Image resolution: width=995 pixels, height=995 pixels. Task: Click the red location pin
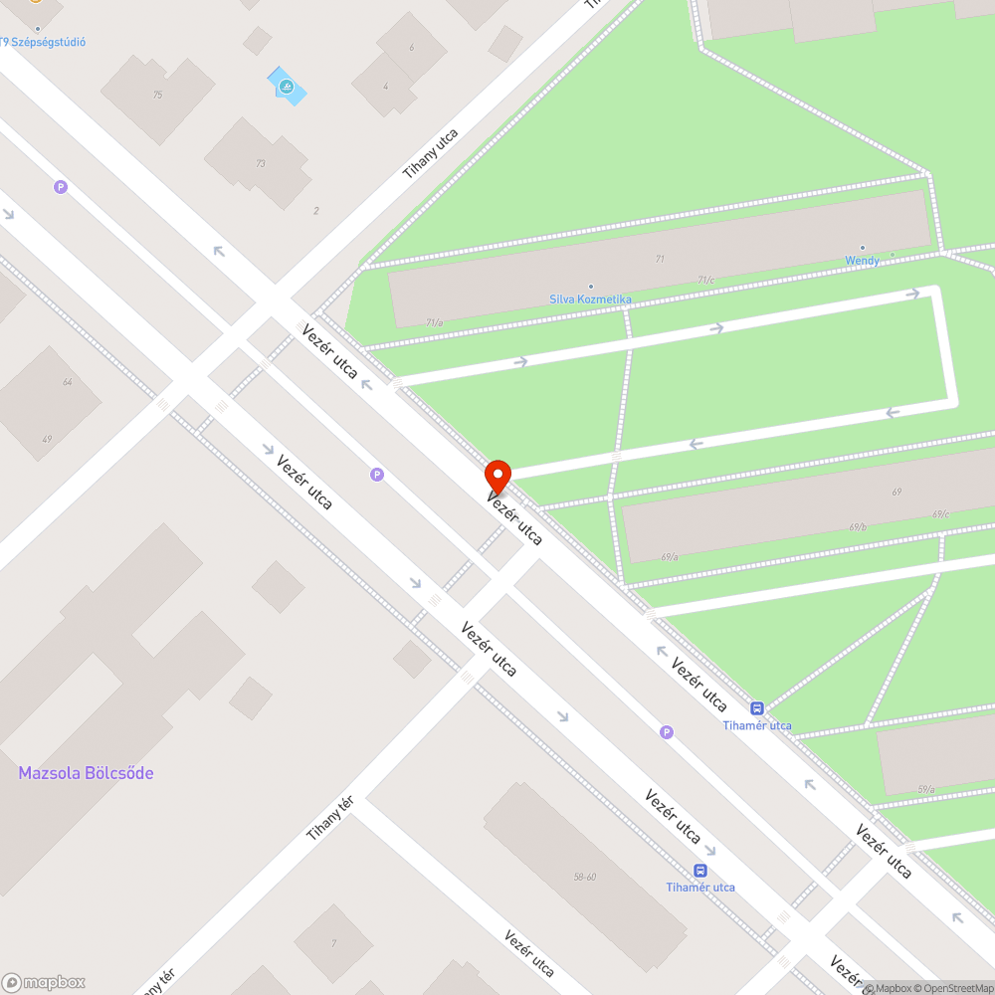(497, 475)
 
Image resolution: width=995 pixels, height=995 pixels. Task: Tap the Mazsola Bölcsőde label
(86, 773)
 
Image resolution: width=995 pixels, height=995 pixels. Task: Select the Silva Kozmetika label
(590, 298)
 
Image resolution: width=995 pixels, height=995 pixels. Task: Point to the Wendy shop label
(862, 260)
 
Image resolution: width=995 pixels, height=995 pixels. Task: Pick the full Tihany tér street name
(330, 818)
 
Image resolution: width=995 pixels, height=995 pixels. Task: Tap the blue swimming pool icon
(287, 87)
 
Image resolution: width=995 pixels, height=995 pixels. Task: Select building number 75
(157, 95)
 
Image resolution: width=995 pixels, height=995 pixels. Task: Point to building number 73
(261, 163)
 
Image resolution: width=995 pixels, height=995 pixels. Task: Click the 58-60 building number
(584, 877)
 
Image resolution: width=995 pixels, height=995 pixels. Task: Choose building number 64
(67, 382)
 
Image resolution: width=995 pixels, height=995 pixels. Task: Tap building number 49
(47, 439)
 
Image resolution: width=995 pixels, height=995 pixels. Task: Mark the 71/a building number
(434, 322)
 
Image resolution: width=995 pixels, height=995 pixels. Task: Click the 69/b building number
(858, 527)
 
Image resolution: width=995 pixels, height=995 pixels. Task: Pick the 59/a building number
(926, 789)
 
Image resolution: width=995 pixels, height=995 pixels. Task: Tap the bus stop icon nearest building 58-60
(700, 871)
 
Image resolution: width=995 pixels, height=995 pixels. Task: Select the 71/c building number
(705, 281)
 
